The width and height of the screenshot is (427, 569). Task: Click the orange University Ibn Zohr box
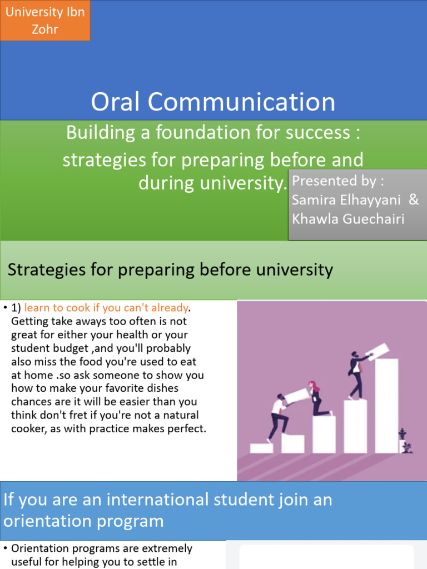(45, 21)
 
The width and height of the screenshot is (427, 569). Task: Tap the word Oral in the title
(115, 102)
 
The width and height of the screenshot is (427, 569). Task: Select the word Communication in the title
(241, 102)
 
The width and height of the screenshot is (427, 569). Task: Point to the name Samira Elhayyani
(346, 200)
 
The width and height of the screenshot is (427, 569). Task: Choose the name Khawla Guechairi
(348, 219)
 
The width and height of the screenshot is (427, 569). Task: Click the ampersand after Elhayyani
(414, 199)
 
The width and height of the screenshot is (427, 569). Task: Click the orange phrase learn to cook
(57, 308)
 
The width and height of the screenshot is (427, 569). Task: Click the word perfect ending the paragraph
(186, 428)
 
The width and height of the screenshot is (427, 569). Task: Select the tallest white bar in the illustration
(386, 406)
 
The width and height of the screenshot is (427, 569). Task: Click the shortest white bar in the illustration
(261, 448)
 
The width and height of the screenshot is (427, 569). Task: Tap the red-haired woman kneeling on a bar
(317, 398)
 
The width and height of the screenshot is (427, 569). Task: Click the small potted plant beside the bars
(405, 441)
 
